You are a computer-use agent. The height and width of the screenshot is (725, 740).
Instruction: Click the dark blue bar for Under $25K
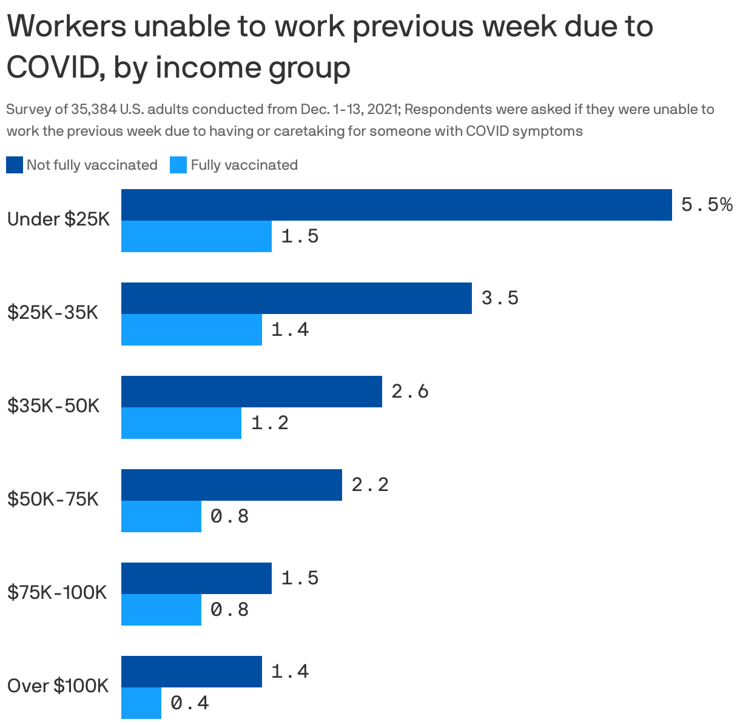(396, 205)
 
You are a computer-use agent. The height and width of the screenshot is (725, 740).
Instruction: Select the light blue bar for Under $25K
(196, 236)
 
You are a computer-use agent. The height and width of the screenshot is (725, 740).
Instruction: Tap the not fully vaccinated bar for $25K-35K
(296, 298)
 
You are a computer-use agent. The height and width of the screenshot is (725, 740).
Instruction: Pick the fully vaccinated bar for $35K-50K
(181, 423)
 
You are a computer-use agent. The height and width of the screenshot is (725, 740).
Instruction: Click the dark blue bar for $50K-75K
(231, 485)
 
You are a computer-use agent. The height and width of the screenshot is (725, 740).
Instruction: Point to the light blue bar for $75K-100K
(161, 610)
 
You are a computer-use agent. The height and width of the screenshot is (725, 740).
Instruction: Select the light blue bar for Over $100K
(141, 703)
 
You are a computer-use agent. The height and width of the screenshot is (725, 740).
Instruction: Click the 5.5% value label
(707, 205)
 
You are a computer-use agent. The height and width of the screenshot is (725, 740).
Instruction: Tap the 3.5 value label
(500, 298)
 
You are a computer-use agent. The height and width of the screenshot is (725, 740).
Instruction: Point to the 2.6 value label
(410, 392)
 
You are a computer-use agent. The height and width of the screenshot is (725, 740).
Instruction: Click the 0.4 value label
(190, 703)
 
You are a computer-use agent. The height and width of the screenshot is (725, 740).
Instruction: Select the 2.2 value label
(370, 485)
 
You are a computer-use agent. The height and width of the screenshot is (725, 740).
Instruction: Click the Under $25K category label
(58, 219)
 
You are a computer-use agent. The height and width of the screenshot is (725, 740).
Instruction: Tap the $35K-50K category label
(53, 406)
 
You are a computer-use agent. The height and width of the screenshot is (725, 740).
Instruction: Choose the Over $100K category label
(58, 686)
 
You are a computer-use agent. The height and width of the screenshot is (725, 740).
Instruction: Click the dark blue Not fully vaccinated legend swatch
(15, 165)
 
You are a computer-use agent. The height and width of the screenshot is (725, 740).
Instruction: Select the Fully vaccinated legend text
(244, 165)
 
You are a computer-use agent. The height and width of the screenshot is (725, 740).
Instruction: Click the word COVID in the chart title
(49, 68)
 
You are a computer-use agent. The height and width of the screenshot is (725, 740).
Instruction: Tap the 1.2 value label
(269, 423)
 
